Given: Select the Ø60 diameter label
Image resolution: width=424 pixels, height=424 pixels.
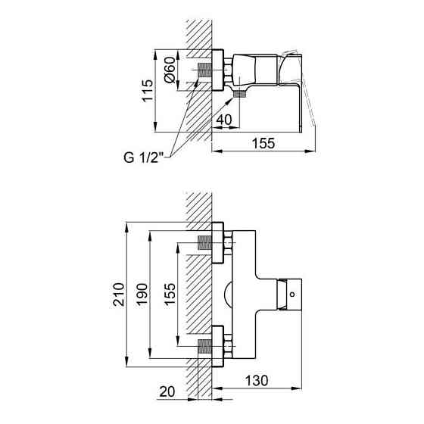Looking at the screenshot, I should tap(170, 72).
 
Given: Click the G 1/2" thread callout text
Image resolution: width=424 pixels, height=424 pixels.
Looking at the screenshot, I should tap(143, 159).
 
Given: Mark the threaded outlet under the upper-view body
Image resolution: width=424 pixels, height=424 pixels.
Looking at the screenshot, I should tap(241, 94).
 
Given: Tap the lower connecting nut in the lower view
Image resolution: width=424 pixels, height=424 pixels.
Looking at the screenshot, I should tap(219, 347).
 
